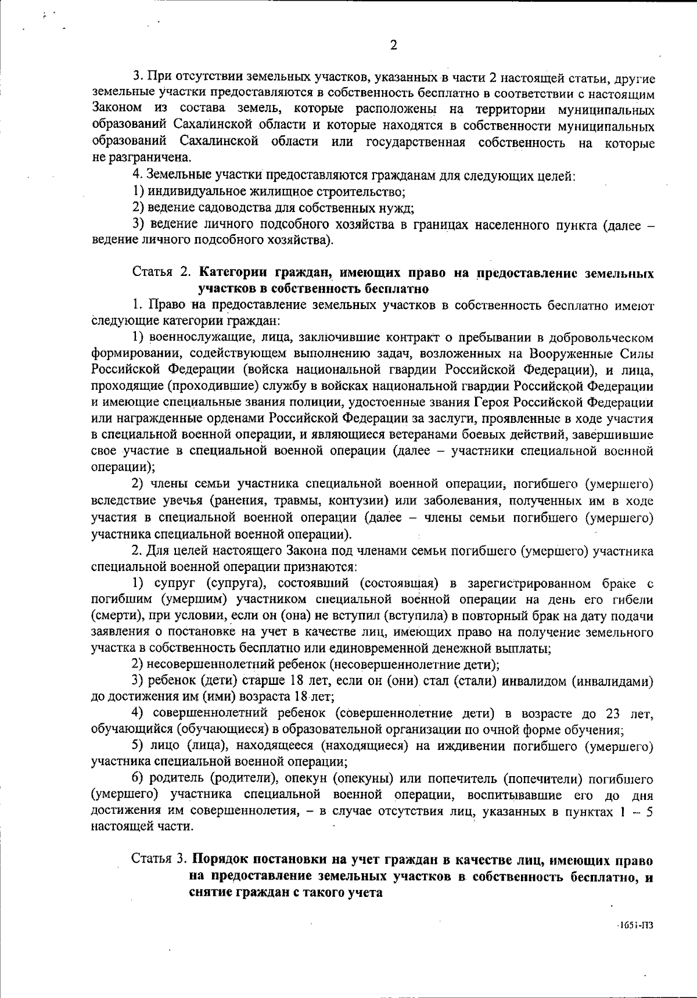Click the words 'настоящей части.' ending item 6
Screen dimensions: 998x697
point(142,826)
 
